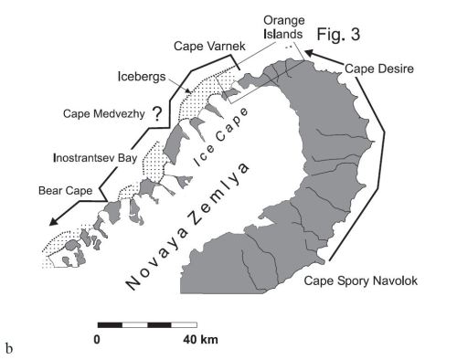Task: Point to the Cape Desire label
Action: tap(378, 67)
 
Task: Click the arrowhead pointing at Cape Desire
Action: tap(309, 56)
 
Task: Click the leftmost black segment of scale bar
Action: tap(110, 323)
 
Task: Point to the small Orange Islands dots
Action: tap(291, 46)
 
